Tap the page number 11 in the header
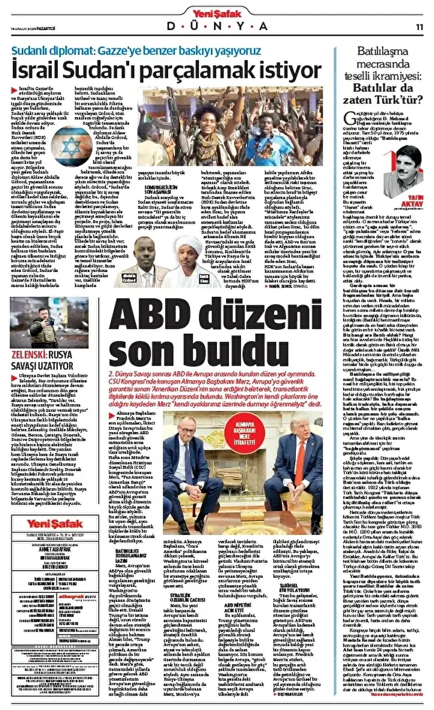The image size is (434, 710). pos(420,27)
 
